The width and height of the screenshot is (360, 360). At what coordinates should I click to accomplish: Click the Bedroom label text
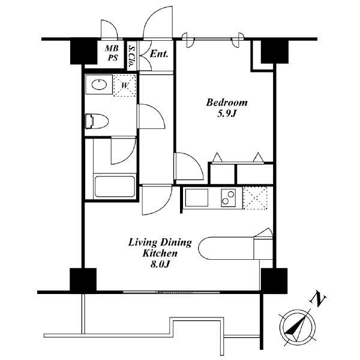point(227,103)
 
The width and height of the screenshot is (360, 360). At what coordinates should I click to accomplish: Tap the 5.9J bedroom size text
point(227,113)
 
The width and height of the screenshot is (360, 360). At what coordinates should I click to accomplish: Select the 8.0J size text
point(160,264)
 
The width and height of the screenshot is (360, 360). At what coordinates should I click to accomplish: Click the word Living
point(143,243)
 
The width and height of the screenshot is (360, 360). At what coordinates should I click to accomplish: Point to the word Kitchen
point(160,253)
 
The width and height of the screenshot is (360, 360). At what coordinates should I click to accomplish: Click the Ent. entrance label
point(159,54)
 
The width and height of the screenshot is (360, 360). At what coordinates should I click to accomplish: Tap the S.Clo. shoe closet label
point(132,55)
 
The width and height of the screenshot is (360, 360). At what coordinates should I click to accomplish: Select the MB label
point(112,48)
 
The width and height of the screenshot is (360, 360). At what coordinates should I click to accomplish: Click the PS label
point(113,58)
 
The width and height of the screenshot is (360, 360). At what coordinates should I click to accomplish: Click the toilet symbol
point(97,121)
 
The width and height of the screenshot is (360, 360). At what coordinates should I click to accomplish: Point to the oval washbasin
point(99,85)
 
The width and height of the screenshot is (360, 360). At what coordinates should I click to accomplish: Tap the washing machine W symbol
point(124,85)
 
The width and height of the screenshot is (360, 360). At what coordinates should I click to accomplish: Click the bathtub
point(115,187)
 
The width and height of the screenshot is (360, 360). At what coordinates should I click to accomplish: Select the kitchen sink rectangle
point(197,197)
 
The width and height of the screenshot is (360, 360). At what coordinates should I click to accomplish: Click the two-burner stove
point(228,197)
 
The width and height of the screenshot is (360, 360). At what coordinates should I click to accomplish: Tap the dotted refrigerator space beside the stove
point(256,198)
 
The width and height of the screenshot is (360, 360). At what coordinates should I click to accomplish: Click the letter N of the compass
point(318,299)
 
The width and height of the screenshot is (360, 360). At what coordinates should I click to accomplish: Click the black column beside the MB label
point(83,52)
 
